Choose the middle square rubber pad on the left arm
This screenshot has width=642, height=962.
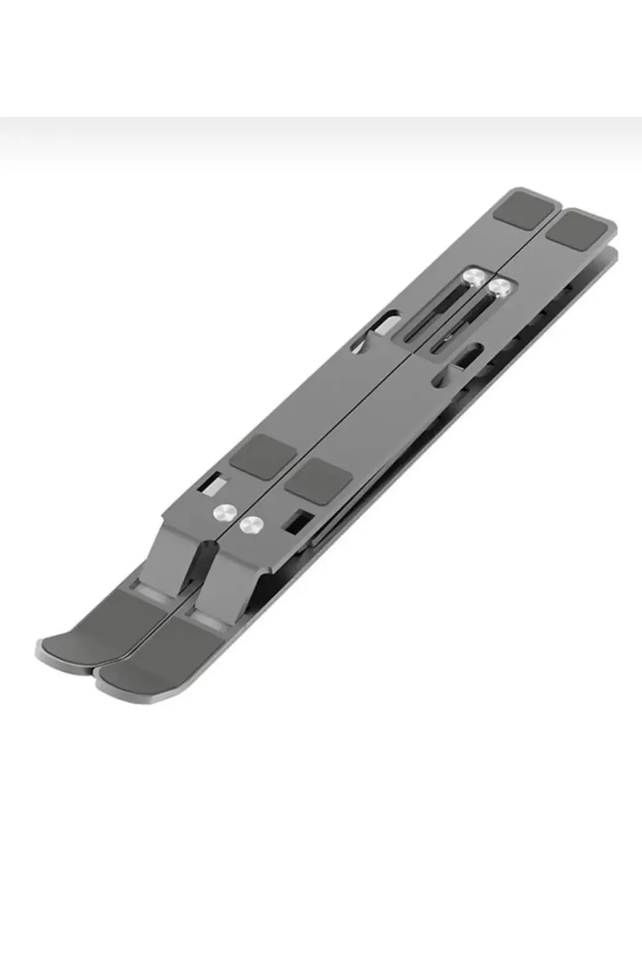(263, 455)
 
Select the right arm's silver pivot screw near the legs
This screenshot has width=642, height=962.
(251, 525)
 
